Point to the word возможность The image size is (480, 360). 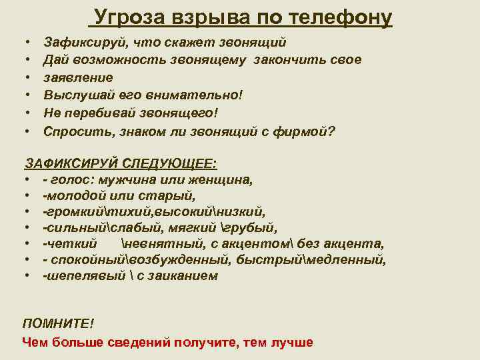(116, 60)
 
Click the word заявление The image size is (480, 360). (78, 77)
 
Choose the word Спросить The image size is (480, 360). (74, 131)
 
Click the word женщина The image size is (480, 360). (221, 180)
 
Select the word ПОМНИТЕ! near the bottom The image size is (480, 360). (58, 323)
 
